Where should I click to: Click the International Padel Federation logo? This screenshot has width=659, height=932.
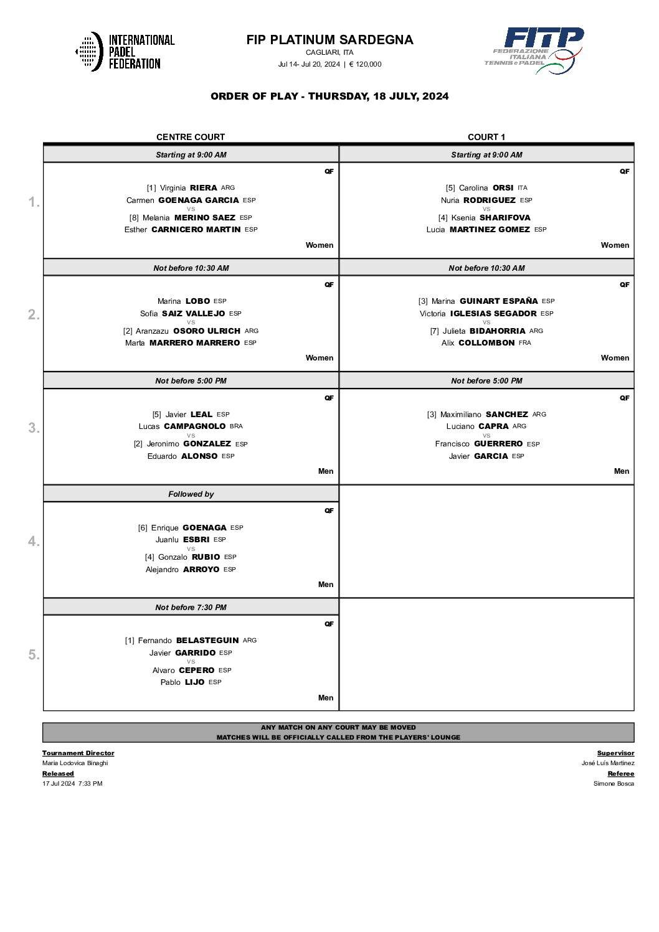(x=125, y=52)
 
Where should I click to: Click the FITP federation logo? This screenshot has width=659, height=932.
(x=534, y=50)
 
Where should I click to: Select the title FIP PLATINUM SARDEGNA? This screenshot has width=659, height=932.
(x=329, y=40)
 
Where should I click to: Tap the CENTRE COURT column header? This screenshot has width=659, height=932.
(x=191, y=137)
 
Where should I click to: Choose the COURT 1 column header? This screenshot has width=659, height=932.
(x=486, y=137)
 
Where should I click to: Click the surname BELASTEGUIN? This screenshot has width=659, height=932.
(x=207, y=641)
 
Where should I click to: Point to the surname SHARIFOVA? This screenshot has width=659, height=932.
(x=505, y=218)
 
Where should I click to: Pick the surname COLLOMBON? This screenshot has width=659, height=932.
(x=486, y=343)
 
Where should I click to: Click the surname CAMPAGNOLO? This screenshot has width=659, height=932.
(x=195, y=426)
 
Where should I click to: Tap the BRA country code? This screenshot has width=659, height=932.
(x=236, y=426)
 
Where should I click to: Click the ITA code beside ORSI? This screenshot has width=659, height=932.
(x=523, y=188)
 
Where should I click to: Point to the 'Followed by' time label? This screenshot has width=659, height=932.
(x=191, y=494)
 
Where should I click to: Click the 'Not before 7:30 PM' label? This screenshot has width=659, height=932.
(x=191, y=608)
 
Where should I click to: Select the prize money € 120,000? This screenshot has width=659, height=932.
(x=366, y=64)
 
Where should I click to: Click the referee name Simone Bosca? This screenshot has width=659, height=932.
(x=614, y=784)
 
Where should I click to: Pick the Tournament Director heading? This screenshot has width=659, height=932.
(x=78, y=753)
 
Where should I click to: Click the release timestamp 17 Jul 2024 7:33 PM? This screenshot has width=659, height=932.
(x=72, y=784)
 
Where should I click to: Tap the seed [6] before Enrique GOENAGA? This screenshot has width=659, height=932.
(x=143, y=528)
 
